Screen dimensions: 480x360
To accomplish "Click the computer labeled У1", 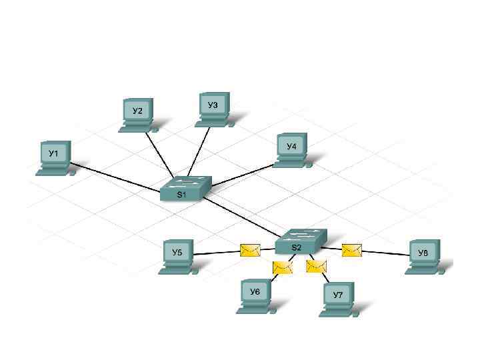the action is coord(54,157).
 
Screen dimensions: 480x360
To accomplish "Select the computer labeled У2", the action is coord(137,114).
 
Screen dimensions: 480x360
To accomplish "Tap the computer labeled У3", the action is coord(213,108).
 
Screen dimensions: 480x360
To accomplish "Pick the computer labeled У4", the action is coord(291,149).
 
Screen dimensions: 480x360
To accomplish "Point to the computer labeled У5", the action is coord(178,256).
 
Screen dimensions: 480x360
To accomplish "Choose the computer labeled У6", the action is coord(255,295).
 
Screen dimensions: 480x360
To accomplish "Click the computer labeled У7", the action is coord(338,298).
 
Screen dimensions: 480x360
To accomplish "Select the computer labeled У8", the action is coord(423,256).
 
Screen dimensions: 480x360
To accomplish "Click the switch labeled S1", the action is coord(185,189).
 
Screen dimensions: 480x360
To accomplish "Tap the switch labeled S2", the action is coord(301,241).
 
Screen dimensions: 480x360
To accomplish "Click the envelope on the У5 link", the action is coord(250,251).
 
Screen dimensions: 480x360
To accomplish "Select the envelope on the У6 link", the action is coord(283,267).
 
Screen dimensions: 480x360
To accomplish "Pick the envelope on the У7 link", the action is coord(316,267).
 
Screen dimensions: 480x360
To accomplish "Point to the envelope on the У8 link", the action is coord(351,250).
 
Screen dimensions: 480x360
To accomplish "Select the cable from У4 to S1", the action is coord(240,175).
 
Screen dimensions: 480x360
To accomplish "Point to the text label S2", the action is coord(297,247).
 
